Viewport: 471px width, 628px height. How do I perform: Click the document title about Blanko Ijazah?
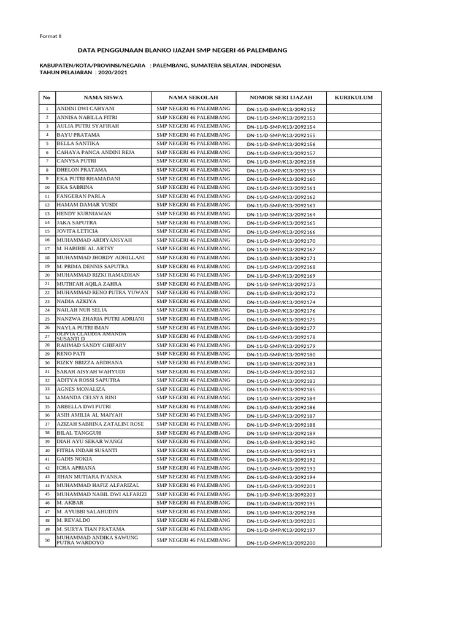[183, 50]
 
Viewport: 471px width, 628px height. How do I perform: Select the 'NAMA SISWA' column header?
[103, 98]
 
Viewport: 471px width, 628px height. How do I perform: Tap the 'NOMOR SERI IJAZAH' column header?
[281, 98]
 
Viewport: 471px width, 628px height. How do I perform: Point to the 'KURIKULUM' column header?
[354, 98]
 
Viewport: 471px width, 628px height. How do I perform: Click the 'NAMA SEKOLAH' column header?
[193, 98]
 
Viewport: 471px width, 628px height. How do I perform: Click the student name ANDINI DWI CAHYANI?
[85, 108]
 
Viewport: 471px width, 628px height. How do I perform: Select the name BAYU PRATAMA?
[78, 134]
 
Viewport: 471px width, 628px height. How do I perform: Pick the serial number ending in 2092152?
[281, 109]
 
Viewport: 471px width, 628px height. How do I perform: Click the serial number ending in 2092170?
[281, 241]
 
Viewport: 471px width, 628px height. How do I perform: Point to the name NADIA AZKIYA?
[77, 301]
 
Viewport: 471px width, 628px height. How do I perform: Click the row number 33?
[47, 389]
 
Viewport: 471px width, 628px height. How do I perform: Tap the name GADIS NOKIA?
[74, 459]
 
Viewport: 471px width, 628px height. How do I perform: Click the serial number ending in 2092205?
[281, 521]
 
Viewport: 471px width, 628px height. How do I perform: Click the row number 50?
[47, 540]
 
